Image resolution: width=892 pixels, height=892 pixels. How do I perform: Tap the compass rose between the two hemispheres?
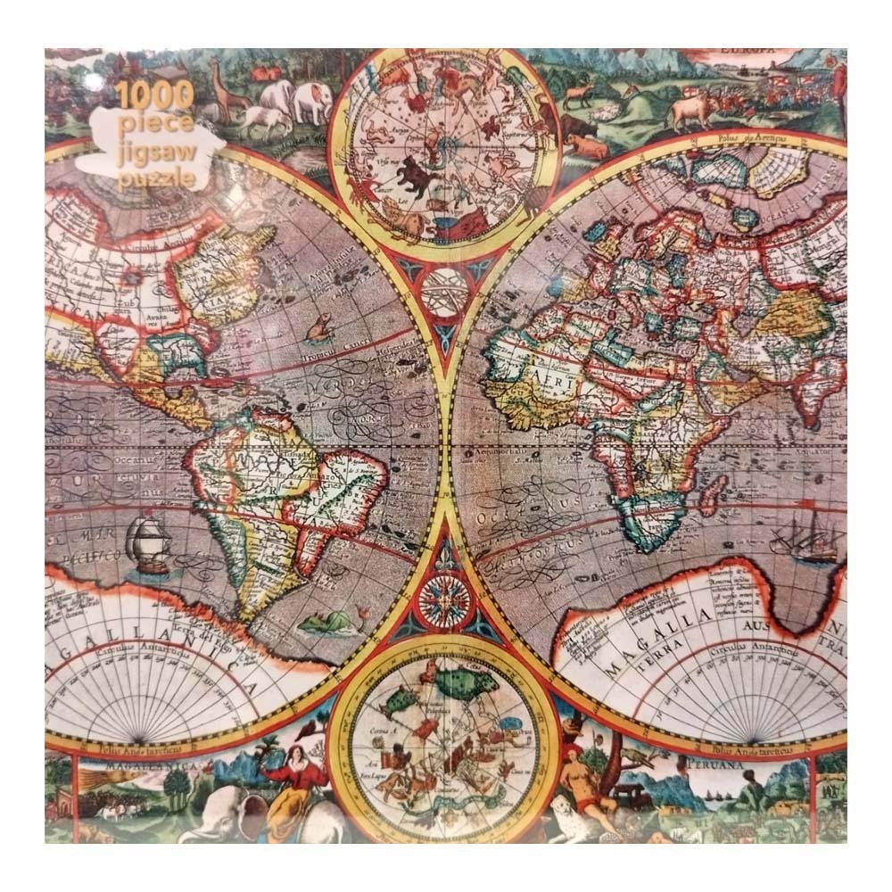pos(442,599)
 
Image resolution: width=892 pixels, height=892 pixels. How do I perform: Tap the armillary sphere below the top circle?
pos(442,290)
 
